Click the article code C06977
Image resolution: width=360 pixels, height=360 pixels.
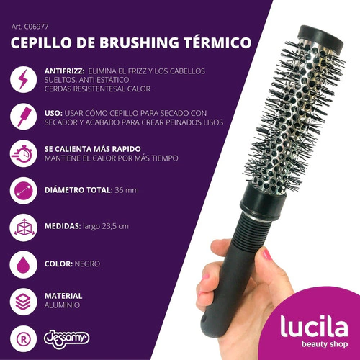pyautogui.click(x=36, y=27)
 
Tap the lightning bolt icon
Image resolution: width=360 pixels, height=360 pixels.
pyautogui.click(x=23, y=79)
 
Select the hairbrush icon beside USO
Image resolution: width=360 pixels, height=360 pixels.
pyautogui.click(x=23, y=117)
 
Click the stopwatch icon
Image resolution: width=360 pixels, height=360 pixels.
pyautogui.click(x=23, y=153)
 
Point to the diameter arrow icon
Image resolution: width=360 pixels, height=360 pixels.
pyautogui.click(x=23, y=191)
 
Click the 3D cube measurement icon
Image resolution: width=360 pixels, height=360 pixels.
pyautogui.click(x=23, y=228)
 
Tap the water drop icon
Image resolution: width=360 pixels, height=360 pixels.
pyautogui.click(x=23, y=264)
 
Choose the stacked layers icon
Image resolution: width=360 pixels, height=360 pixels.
pyautogui.click(x=23, y=302)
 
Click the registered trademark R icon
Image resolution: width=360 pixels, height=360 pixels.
pyautogui.click(x=23, y=339)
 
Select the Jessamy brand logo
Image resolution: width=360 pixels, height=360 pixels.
pyautogui.click(x=67, y=339)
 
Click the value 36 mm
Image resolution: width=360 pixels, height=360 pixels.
pyautogui.click(x=127, y=190)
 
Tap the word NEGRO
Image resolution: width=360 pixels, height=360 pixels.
pyautogui.click(x=87, y=264)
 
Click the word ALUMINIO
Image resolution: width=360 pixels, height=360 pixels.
pyautogui.click(x=62, y=305)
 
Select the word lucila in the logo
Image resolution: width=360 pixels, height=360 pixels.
pyautogui.click(x=314, y=326)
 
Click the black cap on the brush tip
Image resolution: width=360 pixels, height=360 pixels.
pyautogui.click(x=320, y=38)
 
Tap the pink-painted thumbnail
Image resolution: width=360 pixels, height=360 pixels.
pyautogui.click(x=266, y=254)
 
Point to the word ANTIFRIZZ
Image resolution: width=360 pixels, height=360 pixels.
pyautogui.click(x=64, y=71)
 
